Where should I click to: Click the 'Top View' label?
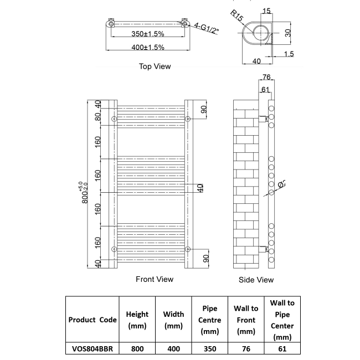(155, 66)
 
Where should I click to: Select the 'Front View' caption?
(155, 279)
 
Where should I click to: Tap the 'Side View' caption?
(256, 280)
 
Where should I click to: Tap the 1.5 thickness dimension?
(288, 54)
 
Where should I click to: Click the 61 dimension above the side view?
(265, 89)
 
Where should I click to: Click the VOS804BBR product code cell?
(92, 349)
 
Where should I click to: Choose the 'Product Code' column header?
(92, 320)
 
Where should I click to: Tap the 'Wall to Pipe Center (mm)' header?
(282, 320)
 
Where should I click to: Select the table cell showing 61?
(282, 349)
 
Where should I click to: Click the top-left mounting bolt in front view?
(114, 119)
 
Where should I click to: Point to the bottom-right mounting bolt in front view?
(188, 249)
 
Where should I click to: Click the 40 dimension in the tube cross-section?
(256, 60)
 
